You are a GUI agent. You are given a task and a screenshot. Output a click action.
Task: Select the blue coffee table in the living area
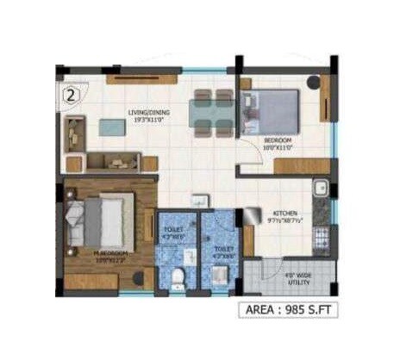click(111, 127)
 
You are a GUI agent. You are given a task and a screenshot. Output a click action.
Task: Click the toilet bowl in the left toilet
click(176, 276)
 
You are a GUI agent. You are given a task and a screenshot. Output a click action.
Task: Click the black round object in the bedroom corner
click(313, 83)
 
